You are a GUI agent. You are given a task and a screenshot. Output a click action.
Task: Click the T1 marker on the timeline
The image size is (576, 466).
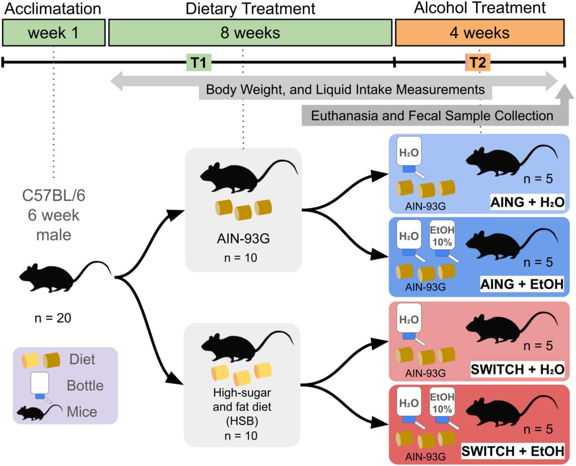(198, 63)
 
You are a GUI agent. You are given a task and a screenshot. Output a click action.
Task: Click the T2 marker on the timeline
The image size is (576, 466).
(477, 63)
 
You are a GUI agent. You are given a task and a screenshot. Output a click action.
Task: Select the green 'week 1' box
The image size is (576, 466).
(54, 33)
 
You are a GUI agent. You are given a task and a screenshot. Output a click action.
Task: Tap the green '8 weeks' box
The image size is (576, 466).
(250, 33)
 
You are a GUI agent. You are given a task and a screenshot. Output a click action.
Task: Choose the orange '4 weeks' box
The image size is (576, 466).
(479, 33)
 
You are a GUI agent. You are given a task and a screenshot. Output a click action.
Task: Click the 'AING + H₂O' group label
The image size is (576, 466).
(527, 202)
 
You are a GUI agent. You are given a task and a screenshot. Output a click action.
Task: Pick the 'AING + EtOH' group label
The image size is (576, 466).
(522, 284)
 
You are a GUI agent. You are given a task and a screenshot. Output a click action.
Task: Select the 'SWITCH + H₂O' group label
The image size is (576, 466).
(517, 369)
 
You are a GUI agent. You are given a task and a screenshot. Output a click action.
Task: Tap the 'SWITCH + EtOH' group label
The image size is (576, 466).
(513, 451)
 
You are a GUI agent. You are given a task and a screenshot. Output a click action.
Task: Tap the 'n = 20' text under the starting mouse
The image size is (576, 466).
(53, 318)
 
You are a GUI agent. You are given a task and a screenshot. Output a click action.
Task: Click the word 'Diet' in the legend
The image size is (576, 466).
(82, 359)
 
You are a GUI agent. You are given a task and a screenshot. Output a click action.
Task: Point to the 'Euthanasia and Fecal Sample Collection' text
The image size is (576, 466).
(432, 116)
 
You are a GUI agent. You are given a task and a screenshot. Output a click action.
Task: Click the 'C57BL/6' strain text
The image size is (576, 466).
(54, 195)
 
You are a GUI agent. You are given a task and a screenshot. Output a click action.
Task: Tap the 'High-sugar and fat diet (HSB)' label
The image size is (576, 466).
(242, 407)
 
